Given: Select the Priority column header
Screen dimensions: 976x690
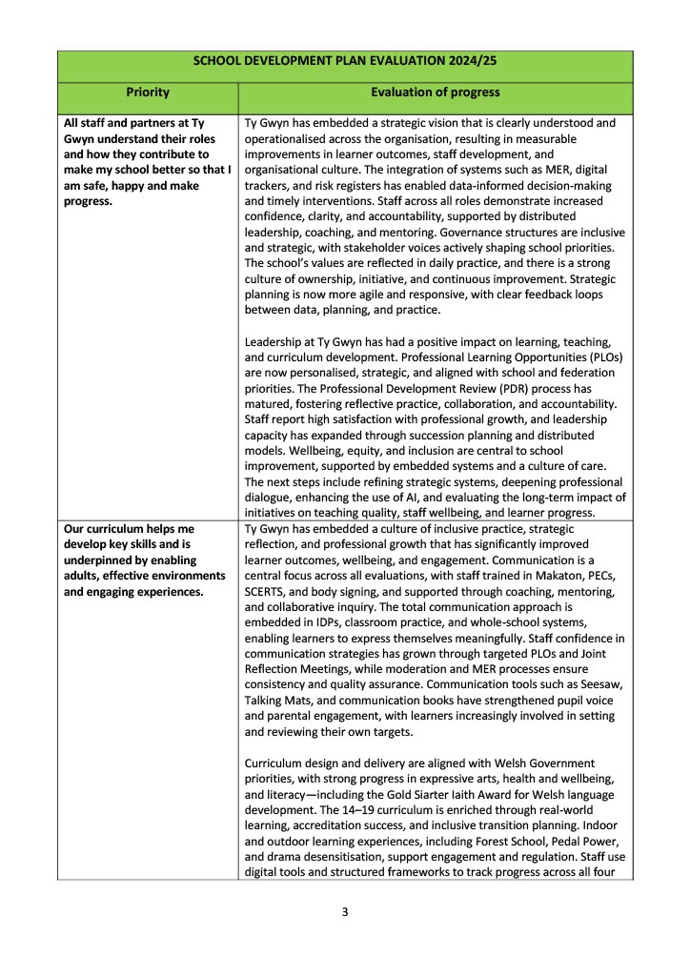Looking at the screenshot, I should (x=148, y=92).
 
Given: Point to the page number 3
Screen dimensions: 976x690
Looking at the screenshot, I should (x=345, y=912).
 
